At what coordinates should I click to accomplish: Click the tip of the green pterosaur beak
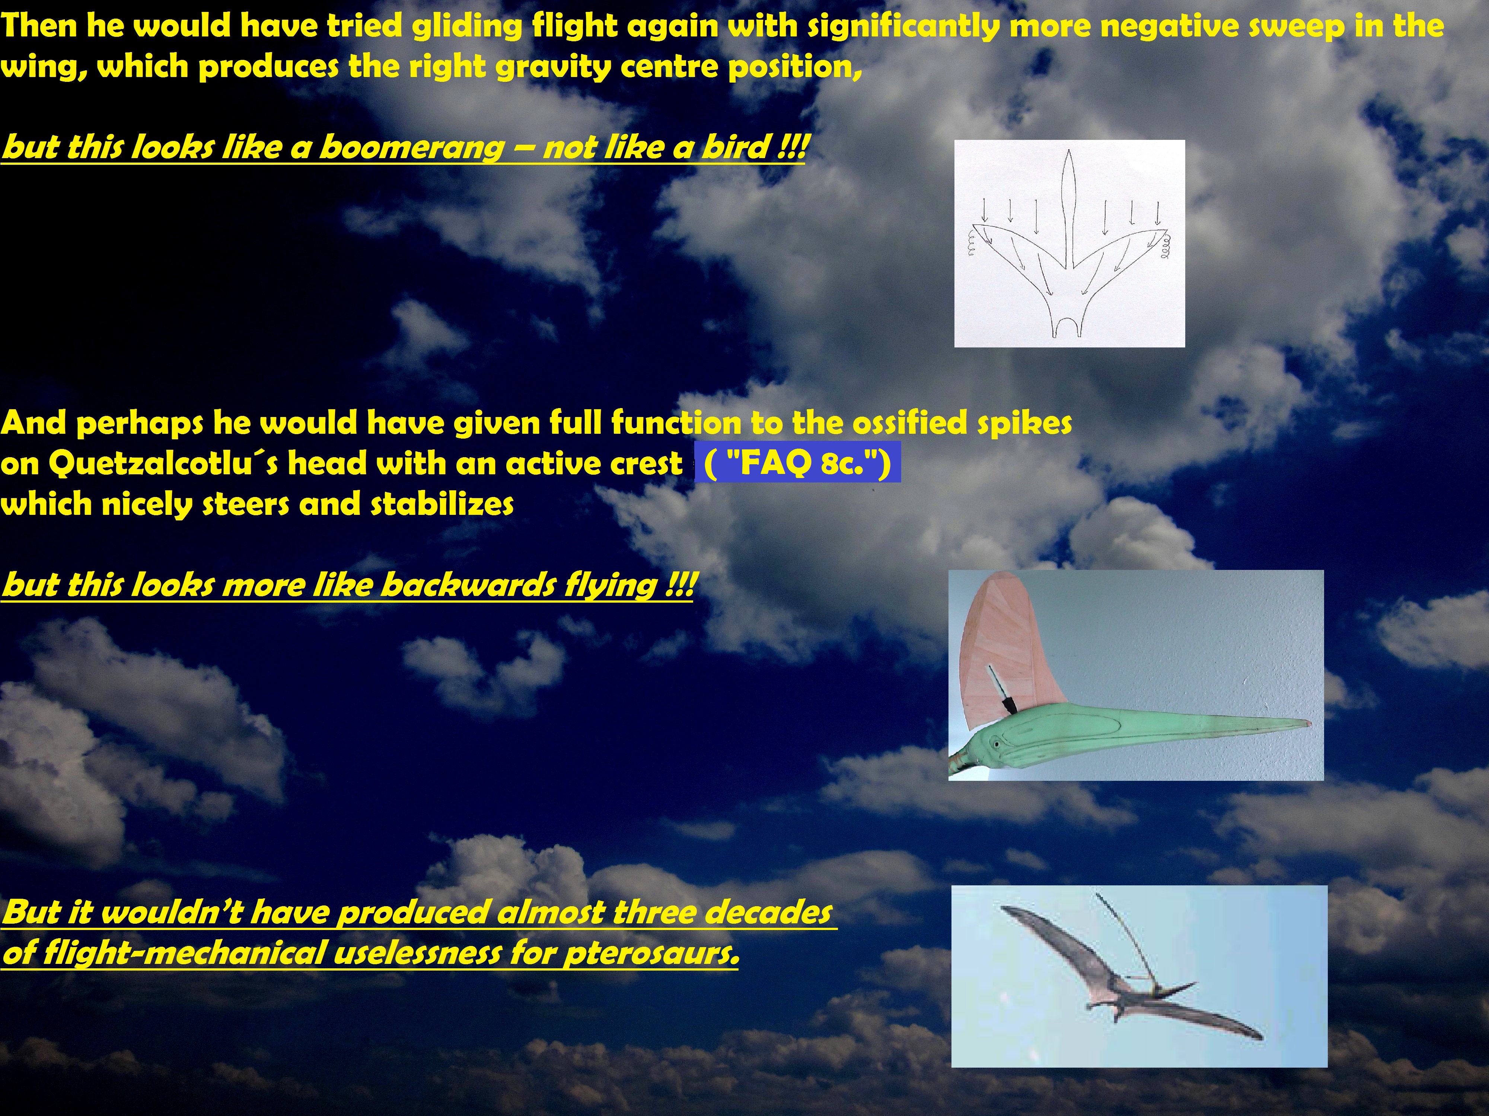click(x=1309, y=723)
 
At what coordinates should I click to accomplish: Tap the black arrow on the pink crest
click(x=999, y=690)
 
